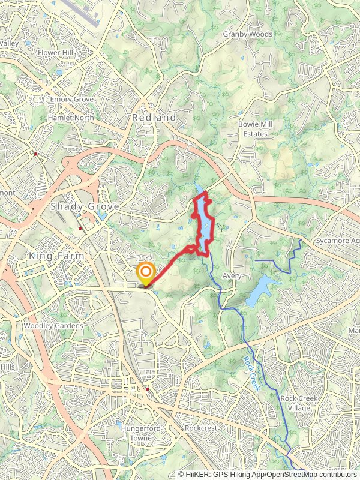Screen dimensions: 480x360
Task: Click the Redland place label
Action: click(154, 118)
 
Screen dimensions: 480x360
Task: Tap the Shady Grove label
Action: click(85, 206)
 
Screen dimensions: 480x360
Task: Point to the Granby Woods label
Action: click(247, 34)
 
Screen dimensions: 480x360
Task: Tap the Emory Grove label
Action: click(71, 99)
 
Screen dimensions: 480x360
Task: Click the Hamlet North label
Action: click(71, 118)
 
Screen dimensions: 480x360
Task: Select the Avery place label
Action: click(232, 276)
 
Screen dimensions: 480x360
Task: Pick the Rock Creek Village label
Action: click(295, 403)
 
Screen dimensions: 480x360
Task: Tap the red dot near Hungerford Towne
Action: click(148, 389)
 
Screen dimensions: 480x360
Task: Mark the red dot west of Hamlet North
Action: click(36, 154)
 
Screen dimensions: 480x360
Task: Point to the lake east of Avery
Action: click(262, 290)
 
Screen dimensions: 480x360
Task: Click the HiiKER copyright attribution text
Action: click(267, 474)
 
